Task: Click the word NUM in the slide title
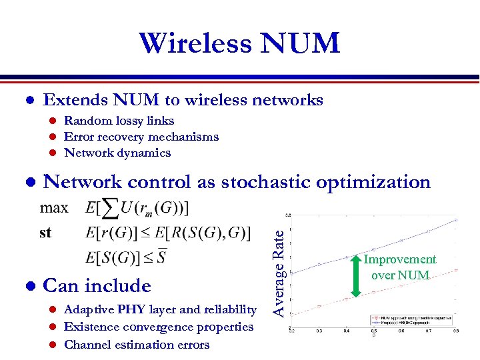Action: click(301, 43)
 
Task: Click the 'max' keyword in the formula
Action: click(54, 207)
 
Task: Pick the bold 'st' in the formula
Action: click(45, 233)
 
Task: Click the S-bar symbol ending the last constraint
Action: click(161, 257)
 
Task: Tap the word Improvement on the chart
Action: click(399, 259)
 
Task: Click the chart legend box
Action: click(413, 321)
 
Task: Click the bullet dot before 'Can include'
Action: click(29, 286)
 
